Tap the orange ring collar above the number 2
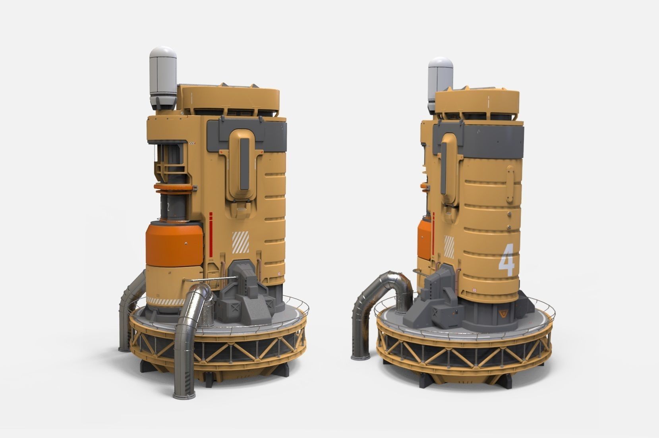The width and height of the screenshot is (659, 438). coord(174,186)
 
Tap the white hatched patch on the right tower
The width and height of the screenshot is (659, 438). coord(449,246)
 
